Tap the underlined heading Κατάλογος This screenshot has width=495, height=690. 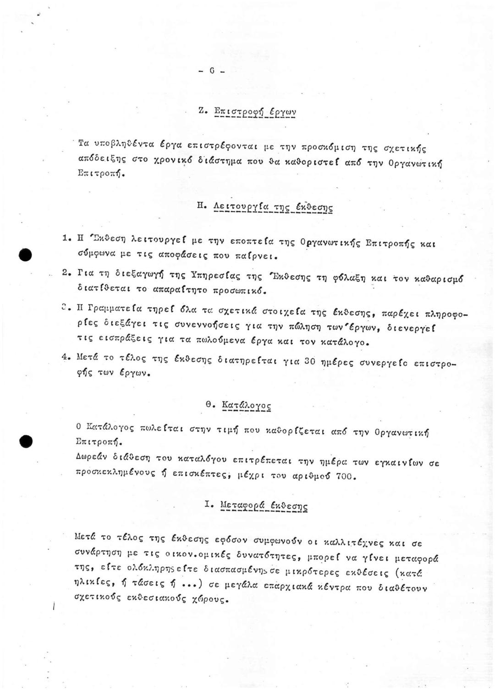click(x=246, y=405)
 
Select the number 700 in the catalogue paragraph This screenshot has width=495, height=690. click(x=343, y=476)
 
